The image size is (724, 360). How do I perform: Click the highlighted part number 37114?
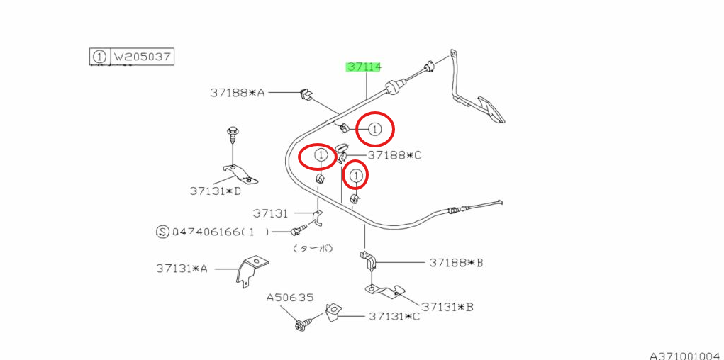tap(363, 67)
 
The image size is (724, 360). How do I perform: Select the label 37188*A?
tap(237, 92)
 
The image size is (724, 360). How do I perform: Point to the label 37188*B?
tap(456, 263)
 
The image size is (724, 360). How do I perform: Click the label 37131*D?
tap(215, 191)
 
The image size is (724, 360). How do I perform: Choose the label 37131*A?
tap(182, 269)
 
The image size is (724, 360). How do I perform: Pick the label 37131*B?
tap(447, 307)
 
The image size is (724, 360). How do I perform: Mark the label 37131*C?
tap(394, 316)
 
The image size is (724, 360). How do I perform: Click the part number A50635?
tap(290, 298)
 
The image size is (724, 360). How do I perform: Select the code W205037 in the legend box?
tap(143, 56)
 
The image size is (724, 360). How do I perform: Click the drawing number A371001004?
tap(685, 354)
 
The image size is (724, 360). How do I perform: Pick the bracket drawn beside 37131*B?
tap(384, 291)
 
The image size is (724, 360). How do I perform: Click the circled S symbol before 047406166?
tap(161, 232)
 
